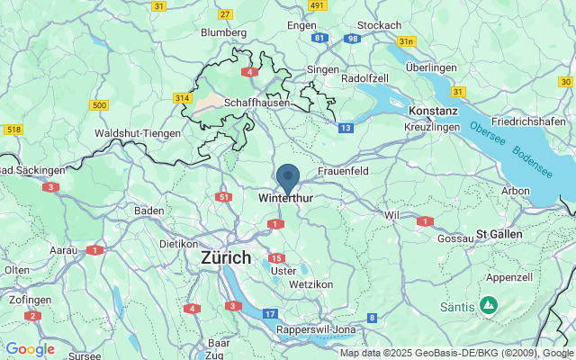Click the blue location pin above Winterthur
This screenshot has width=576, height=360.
(288, 176)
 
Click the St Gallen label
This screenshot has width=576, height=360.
(499, 235)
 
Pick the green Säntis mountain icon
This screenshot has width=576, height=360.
(488, 306)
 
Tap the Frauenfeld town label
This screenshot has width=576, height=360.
(345, 171)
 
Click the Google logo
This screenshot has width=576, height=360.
(30, 349)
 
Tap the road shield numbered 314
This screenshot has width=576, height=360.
(184, 97)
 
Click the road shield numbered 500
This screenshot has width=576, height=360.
(99, 106)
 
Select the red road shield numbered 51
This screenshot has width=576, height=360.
(224, 197)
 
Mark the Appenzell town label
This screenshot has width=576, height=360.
(510, 277)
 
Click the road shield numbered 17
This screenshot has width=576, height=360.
(270, 313)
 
